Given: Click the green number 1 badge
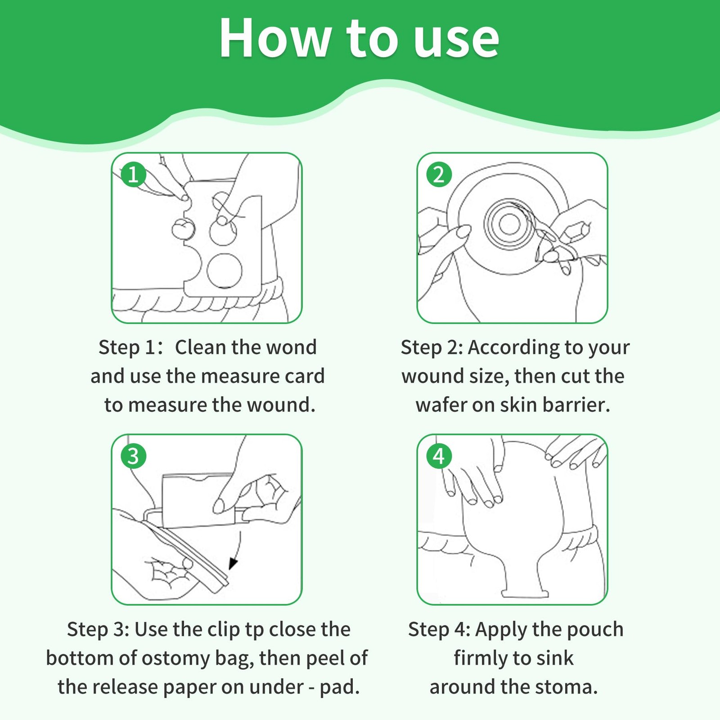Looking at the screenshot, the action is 133,174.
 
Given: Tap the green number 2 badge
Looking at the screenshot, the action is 439,174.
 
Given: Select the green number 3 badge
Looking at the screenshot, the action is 133,456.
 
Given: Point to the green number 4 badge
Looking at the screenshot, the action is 439,456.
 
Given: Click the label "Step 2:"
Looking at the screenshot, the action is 432,348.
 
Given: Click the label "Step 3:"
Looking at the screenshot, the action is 98,630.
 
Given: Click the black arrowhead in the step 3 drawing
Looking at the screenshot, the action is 233,564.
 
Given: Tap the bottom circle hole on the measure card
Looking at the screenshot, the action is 225,271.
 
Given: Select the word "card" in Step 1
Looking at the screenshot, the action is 306,376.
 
